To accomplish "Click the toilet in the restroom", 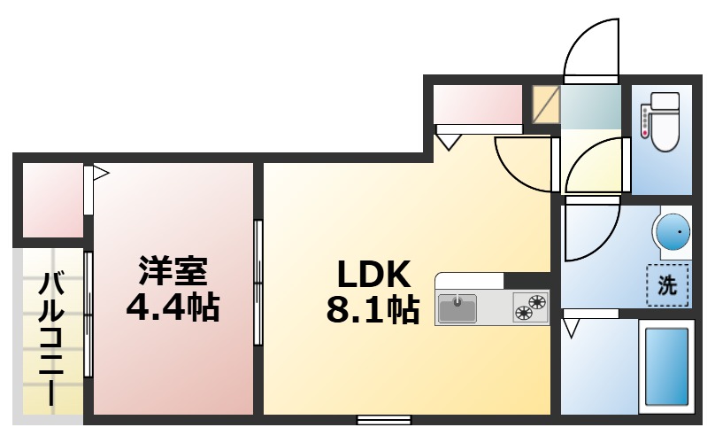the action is point(665,122).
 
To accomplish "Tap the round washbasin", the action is point(673,232).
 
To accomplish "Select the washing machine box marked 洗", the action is point(667,285).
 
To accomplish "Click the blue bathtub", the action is point(666,367).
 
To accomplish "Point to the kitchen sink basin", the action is point(457,308).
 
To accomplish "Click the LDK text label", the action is point(374,274).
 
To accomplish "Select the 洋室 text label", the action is point(173,271).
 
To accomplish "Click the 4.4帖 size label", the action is point(173,307).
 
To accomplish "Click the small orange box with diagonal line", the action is point(546,105).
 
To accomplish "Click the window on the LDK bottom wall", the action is point(384,420).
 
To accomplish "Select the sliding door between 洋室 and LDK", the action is point(258,283).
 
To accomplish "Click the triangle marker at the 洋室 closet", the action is point(101,174).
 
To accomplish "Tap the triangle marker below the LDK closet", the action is point(450,142).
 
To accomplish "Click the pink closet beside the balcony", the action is point(53,200).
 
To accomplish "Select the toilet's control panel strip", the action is point(644,120).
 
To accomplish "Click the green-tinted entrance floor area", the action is point(590,106).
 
